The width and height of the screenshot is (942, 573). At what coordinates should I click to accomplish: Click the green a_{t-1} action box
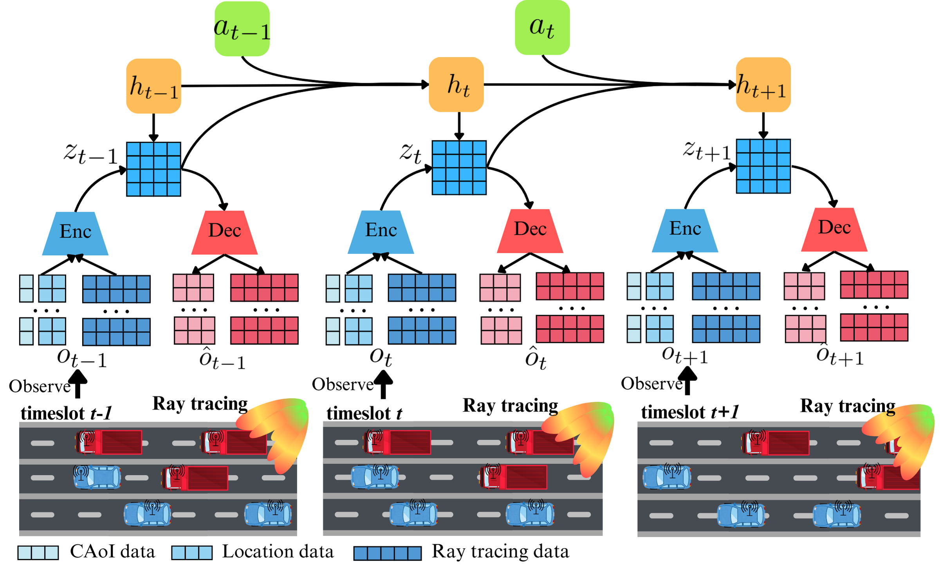[242, 29]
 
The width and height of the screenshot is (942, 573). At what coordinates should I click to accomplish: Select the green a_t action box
[542, 27]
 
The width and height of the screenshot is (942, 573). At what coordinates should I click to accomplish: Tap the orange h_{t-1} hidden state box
[153, 86]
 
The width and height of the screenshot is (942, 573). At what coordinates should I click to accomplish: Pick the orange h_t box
[457, 85]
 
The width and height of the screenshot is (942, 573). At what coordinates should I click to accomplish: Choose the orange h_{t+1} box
[763, 85]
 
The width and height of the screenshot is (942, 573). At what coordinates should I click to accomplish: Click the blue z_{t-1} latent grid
[153, 169]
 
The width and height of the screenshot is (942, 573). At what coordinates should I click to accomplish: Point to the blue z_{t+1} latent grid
[763, 166]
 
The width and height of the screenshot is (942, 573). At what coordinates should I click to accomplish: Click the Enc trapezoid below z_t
[381, 232]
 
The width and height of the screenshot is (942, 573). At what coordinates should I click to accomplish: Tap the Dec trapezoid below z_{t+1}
[834, 230]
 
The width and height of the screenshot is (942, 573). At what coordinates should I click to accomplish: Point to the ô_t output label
[536, 358]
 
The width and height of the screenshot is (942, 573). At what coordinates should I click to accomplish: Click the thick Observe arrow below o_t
[383, 384]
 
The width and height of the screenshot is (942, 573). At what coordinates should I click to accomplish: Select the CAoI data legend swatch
[38, 553]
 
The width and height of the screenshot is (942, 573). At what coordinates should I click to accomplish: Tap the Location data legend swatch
[192, 553]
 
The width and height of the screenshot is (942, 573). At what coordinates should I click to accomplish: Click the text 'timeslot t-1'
[67, 413]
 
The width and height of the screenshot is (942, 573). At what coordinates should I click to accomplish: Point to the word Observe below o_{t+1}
[652, 383]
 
